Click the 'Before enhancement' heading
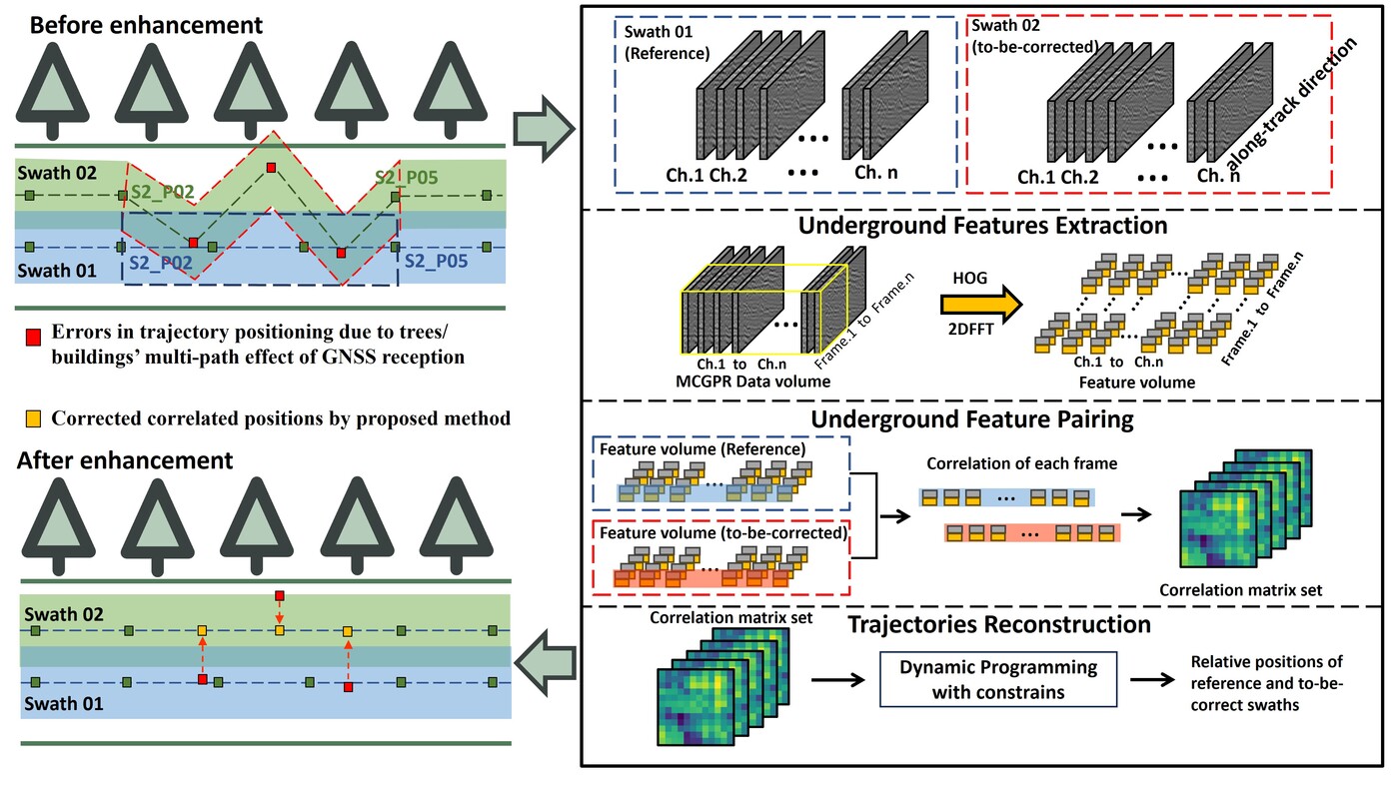click(146, 24)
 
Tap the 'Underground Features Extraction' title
click(982, 226)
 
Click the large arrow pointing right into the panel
click(542, 127)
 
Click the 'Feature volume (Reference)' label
click(702, 449)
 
